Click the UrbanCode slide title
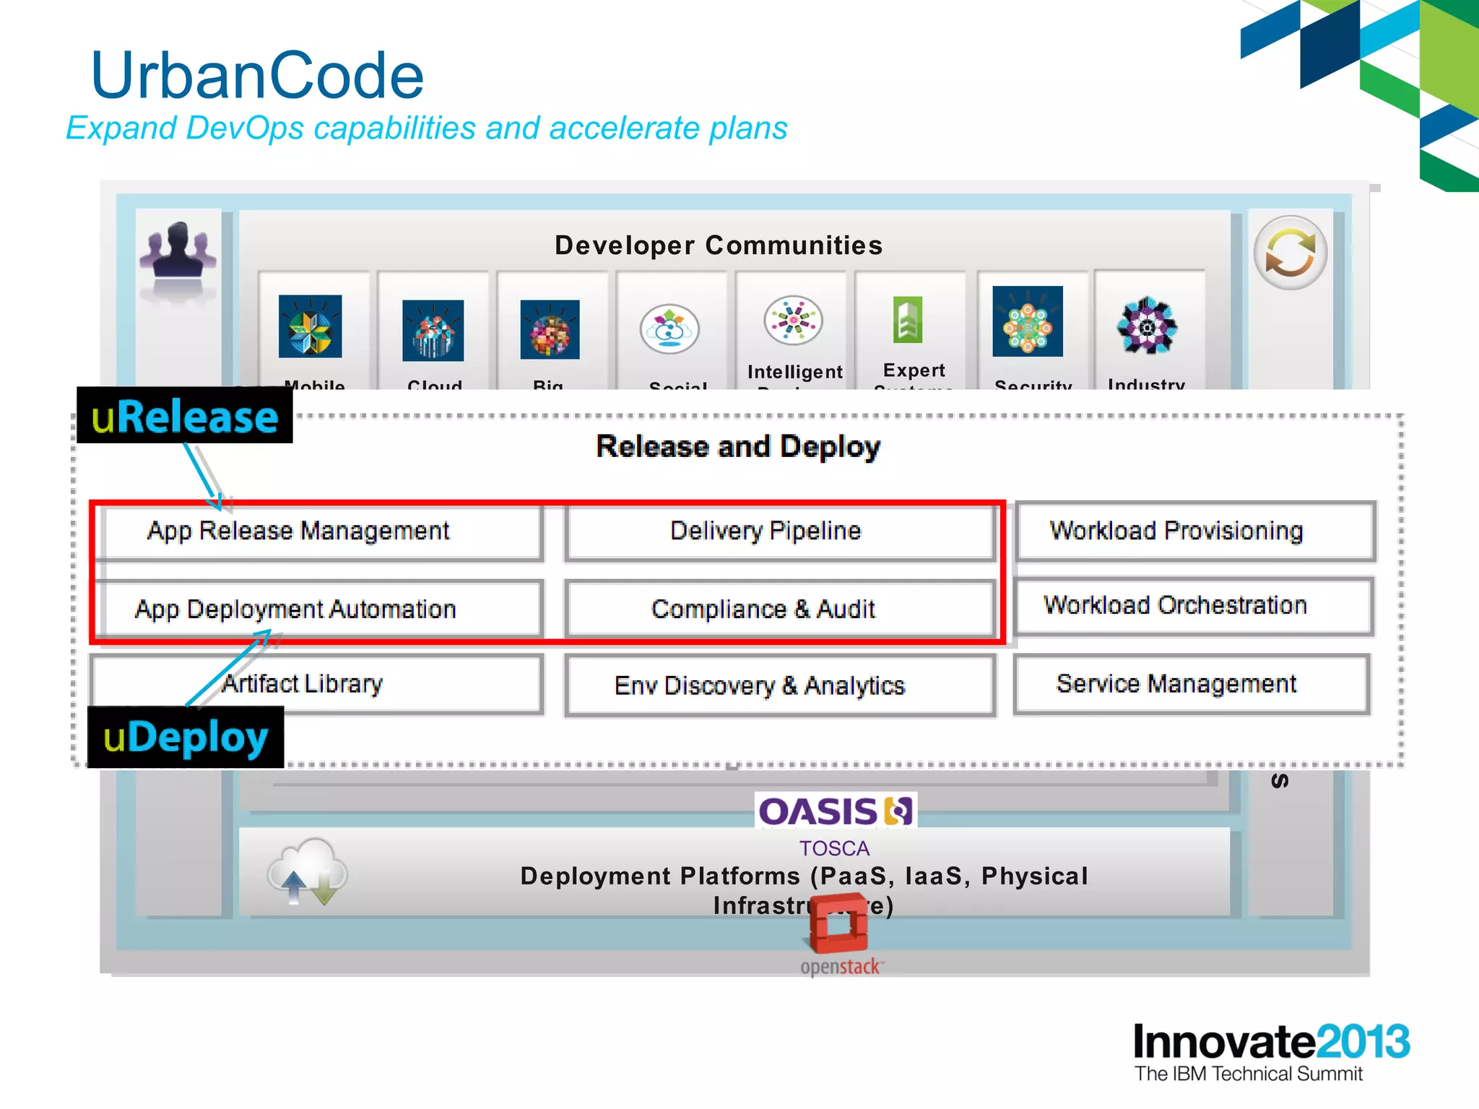point(257,76)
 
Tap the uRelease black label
point(185,417)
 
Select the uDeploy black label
point(186,738)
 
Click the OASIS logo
point(836,812)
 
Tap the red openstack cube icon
point(838,923)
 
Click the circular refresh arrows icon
point(1290,253)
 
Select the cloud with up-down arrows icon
point(308,872)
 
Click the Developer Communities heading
point(718,245)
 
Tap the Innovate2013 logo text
point(1270,1042)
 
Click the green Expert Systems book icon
point(908,319)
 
